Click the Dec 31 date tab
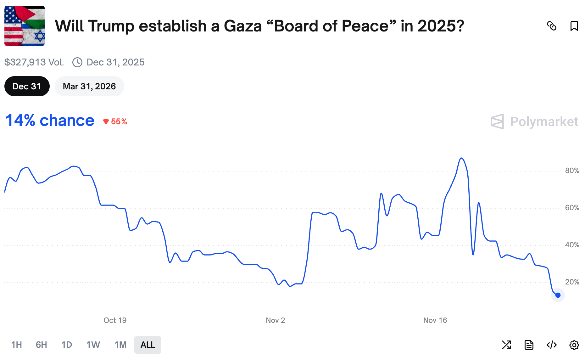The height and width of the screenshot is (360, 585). [x=27, y=86]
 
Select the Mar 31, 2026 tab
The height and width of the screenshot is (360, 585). [x=89, y=86]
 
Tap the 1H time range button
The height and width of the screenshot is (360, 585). [x=16, y=345]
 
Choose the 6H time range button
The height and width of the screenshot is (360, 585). [x=41, y=345]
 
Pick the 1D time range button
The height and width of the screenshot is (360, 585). [x=66, y=345]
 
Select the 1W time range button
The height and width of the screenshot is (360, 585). [x=93, y=345]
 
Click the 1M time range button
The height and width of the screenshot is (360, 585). [x=120, y=345]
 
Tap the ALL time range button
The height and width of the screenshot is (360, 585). [x=148, y=345]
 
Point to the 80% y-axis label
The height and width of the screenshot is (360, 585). [x=572, y=171]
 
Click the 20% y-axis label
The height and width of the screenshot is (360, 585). [x=572, y=282]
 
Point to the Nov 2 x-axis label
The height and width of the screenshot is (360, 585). [x=275, y=320]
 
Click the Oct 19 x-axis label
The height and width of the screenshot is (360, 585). [x=115, y=320]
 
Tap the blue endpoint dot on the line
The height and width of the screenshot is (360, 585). [x=558, y=295]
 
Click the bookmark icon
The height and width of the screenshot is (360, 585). [x=574, y=26]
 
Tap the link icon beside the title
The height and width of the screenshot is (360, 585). [x=552, y=26]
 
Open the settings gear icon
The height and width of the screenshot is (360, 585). [x=574, y=345]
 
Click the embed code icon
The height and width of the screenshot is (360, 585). [x=552, y=345]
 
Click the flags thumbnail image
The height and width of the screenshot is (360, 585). [x=25, y=26]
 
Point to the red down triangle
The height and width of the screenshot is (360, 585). [x=106, y=122]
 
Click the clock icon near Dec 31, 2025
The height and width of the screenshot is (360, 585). [x=77, y=62]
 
